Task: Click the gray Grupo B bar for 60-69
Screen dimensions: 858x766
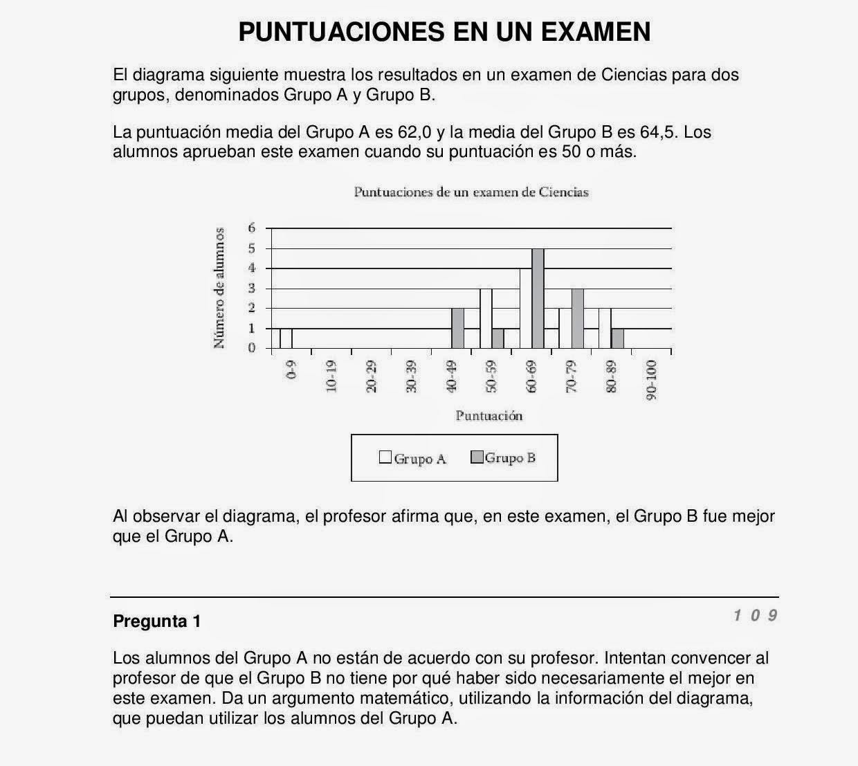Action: [x=538, y=298]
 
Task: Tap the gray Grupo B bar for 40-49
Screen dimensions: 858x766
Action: [x=457, y=328]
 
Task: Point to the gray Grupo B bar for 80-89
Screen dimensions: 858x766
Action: [x=618, y=338]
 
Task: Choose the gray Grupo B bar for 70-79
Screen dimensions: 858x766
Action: [x=578, y=318]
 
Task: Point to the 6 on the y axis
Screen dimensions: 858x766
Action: [x=252, y=228]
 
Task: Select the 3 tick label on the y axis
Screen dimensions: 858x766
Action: [x=252, y=288]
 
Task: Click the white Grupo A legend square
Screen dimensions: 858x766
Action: [x=385, y=457]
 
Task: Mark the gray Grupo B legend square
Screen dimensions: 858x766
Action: [x=477, y=457]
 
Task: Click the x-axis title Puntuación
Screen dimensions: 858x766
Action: [x=489, y=416]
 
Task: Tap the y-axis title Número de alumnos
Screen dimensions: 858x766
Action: [x=219, y=288]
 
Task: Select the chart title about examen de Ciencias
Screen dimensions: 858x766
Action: [x=471, y=192]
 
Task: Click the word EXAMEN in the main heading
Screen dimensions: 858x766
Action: [x=592, y=32]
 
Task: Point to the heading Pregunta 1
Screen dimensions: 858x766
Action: [x=157, y=621]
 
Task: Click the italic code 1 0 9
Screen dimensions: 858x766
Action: [x=756, y=615]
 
